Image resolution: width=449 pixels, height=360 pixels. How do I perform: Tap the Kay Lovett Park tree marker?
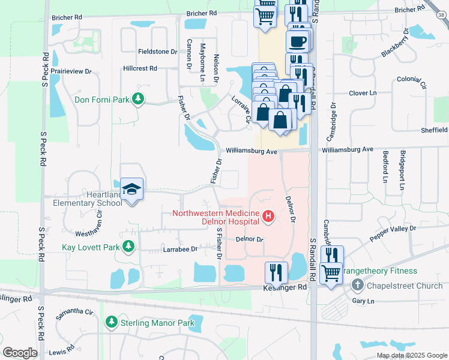pyautogui.click(x=128, y=247)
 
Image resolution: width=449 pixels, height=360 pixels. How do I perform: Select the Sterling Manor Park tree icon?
pyautogui.click(x=111, y=323)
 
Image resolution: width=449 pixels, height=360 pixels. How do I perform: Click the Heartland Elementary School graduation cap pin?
pyautogui.click(x=131, y=190)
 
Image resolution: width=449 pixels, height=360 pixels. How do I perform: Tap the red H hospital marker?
pyautogui.click(x=268, y=217)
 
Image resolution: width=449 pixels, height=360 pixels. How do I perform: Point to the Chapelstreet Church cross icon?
pyautogui.click(x=357, y=286)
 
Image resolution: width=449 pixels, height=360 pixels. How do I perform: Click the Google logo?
pyautogui.click(x=20, y=353)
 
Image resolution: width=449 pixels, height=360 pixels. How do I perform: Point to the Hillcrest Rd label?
pyautogui.click(x=140, y=69)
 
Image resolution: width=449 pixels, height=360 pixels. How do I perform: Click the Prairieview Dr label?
pyautogui.click(x=71, y=71)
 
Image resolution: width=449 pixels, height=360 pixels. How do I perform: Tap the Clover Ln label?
pyautogui.click(x=363, y=93)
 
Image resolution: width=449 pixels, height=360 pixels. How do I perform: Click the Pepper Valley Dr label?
pyautogui.click(x=393, y=233)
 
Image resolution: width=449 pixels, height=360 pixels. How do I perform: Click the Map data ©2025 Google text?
pyautogui.click(x=411, y=355)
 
